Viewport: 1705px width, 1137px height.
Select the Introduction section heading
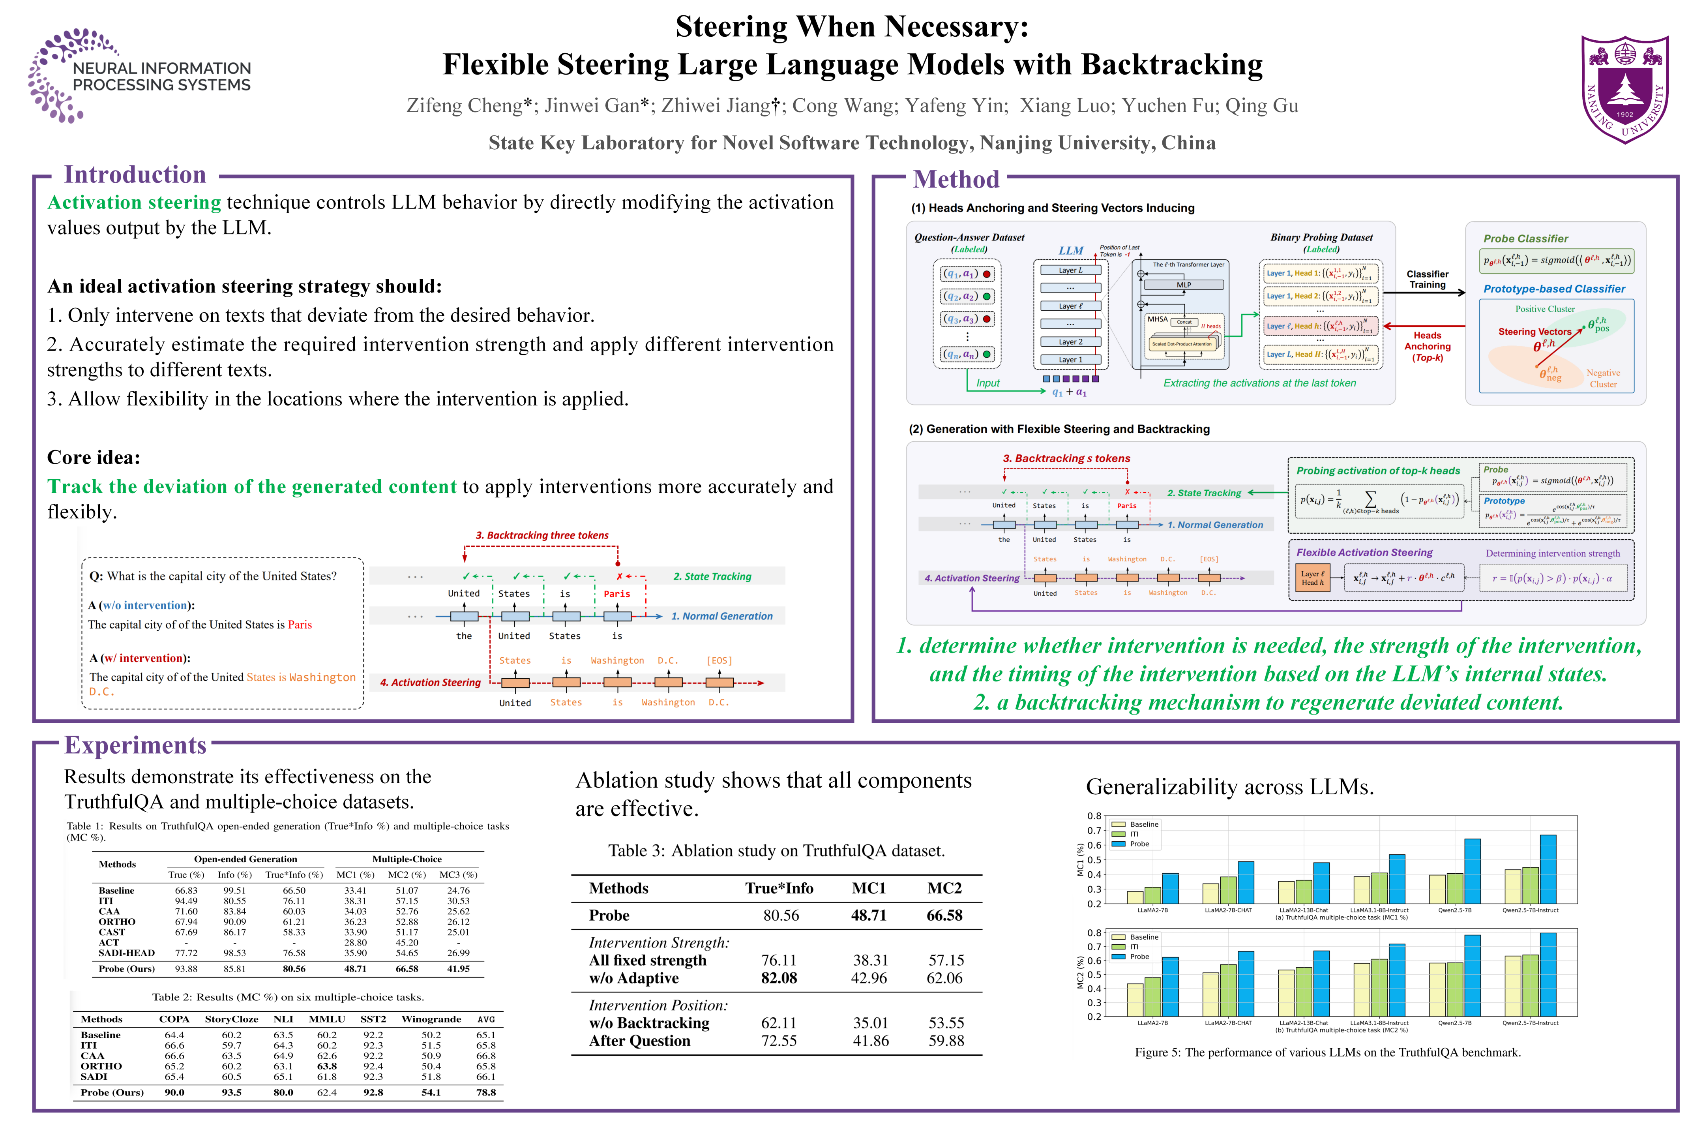click(135, 175)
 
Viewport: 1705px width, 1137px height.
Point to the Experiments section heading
click(135, 745)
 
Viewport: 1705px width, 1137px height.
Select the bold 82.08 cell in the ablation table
click(779, 978)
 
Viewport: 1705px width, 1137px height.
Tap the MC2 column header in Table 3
click(944, 888)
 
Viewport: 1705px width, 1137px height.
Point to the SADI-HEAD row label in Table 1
click(126, 953)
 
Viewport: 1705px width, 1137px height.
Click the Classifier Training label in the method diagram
click(1427, 279)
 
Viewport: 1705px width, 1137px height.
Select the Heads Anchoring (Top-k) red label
click(1427, 347)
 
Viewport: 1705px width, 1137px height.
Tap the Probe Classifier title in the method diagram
click(1525, 238)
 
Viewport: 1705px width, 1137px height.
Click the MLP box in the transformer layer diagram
click(1183, 285)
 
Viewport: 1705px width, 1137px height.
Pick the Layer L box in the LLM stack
click(1070, 270)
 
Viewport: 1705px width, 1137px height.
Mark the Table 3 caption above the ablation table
click(776, 850)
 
